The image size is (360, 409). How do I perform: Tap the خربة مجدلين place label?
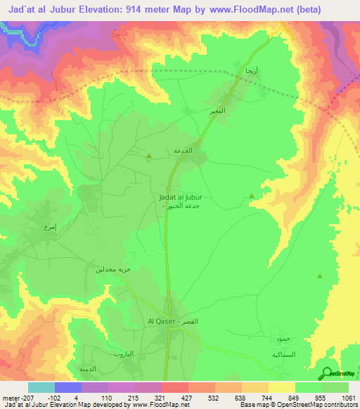pyautogui.click(x=114, y=269)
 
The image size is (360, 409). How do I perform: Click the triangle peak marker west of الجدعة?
pyautogui.click(x=148, y=156)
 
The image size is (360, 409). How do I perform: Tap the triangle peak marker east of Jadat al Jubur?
pyautogui.click(x=252, y=197)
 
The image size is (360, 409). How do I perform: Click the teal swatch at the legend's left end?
pyautogui.click(x=41, y=387)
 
